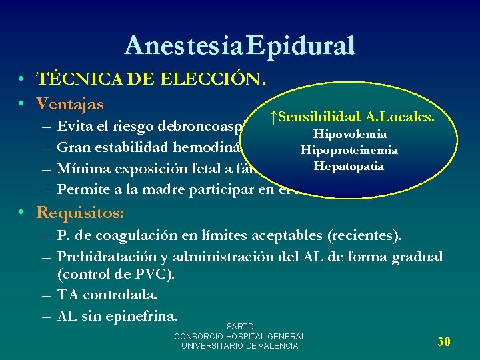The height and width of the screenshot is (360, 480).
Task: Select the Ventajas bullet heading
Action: click(70, 104)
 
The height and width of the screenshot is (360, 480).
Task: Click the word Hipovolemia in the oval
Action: click(351, 135)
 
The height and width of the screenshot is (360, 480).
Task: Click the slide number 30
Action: click(444, 342)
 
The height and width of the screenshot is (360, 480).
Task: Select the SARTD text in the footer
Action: click(240, 327)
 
